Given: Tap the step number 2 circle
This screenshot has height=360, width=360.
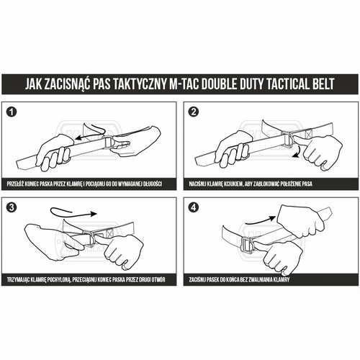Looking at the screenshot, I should [194, 114].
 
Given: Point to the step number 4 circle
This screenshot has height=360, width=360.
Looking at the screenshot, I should [194, 209].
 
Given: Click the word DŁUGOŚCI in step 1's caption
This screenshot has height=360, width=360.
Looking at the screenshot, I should [150, 184].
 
